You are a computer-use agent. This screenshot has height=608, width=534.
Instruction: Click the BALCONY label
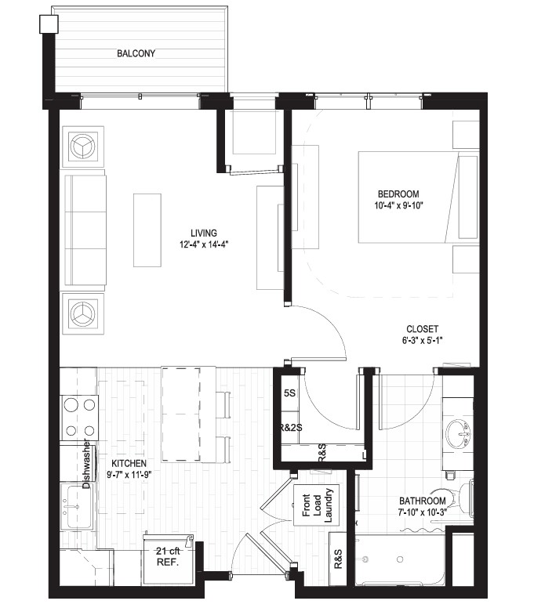click(136, 53)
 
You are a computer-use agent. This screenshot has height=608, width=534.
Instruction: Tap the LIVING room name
click(204, 233)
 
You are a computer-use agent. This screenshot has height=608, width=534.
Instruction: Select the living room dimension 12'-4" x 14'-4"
click(204, 244)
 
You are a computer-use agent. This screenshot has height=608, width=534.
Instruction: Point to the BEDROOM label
click(398, 194)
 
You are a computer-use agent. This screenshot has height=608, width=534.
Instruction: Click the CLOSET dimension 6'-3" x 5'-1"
click(422, 341)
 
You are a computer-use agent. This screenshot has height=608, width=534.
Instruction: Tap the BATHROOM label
click(422, 501)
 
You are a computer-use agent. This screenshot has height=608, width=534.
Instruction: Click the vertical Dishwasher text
click(86, 464)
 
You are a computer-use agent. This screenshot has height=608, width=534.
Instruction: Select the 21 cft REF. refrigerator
click(169, 559)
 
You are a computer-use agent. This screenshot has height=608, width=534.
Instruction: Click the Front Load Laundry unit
click(316, 505)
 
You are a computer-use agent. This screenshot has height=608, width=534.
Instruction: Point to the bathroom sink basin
click(459, 433)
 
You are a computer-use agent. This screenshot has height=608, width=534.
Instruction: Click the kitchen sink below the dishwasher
click(77, 506)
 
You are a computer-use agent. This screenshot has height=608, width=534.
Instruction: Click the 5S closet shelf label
click(289, 393)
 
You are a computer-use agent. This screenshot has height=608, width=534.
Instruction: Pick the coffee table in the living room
click(147, 230)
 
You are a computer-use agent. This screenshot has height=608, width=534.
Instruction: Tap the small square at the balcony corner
click(49, 24)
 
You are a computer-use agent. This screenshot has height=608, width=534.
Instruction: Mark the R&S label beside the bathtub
click(338, 559)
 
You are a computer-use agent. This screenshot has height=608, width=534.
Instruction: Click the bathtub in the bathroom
click(401, 560)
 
